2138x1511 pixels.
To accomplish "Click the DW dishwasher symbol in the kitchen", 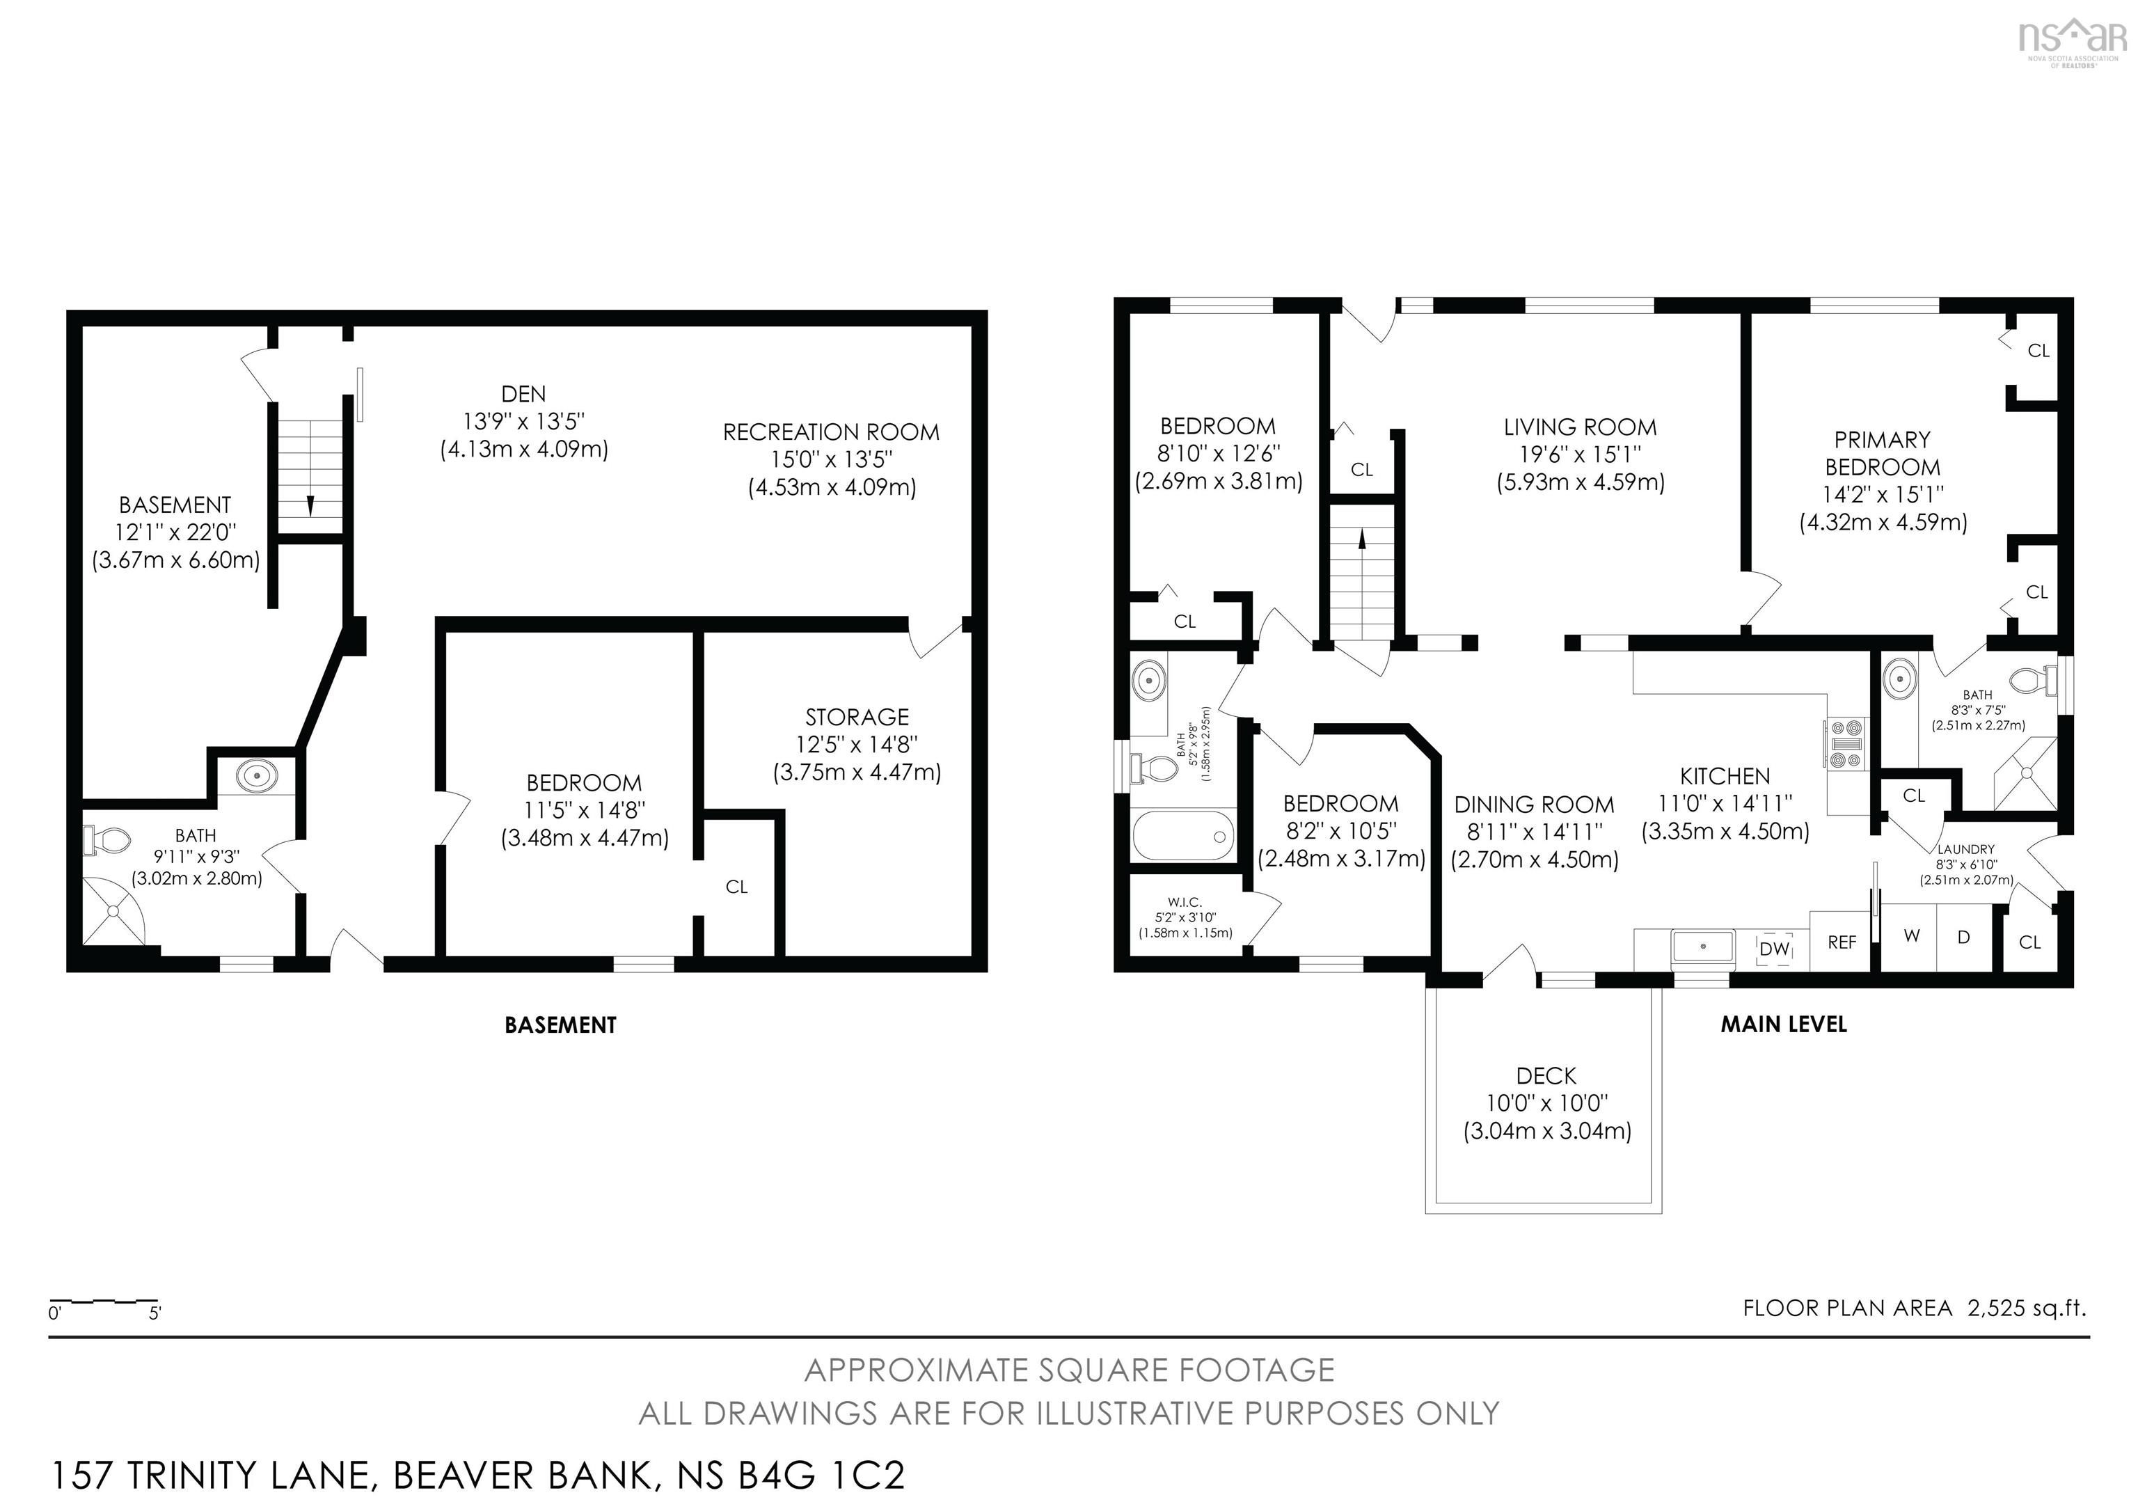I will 1775,949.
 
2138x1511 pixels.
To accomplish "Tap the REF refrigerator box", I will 1841,942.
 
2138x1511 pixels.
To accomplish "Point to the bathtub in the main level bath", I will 1182,835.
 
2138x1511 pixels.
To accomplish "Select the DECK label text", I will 1546,1076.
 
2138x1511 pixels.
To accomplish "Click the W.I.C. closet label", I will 1185,902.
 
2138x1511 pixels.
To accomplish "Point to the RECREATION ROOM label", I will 830,432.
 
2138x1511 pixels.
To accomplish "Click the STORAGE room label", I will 857,717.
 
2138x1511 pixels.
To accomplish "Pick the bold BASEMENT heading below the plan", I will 560,1025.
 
